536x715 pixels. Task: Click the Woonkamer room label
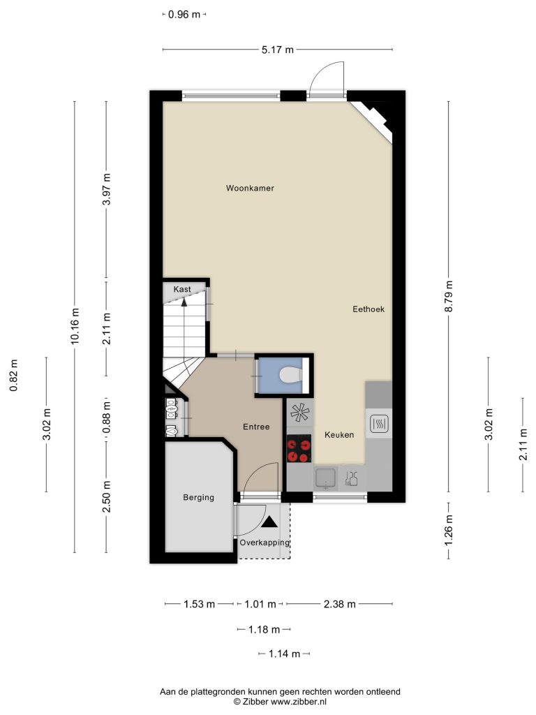[x=250, y=188]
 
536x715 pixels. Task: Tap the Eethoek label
[x=368, y=309]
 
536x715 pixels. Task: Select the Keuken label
[x=339, y=435]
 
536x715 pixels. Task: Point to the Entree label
[x=256, y=427]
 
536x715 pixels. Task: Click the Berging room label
[x=198, y=497]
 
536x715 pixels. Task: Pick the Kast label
[x=182, y=289]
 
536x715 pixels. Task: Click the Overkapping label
[x=265, y=543]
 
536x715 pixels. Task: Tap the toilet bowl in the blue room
[x=290, y=375]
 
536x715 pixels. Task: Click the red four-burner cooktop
[x=299, y=449]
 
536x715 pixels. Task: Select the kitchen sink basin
[x=325, y=477]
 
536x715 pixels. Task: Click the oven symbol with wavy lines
[x=379, y=424]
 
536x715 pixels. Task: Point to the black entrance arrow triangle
[x=269, y=522]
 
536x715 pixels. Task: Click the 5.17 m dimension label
[x=278, y=50]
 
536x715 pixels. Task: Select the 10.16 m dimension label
[x=75, y=327]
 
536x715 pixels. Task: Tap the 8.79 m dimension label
[x=449, y=296]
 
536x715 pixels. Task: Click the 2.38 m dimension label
[x=340, y=604]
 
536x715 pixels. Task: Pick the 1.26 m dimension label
[x=449, y=530]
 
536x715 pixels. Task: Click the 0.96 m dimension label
[x=184, y=15]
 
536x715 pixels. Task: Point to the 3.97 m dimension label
[x=107, y=189]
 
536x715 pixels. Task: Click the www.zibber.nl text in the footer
[x=299, y=702]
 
